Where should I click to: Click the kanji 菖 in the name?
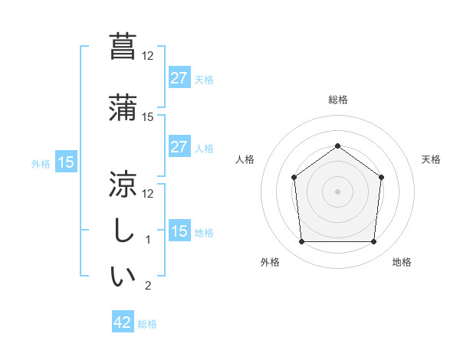[123, 46]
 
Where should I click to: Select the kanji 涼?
[123, 184]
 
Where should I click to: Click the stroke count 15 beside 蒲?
[148, 117]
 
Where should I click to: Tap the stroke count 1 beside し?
[148, 240]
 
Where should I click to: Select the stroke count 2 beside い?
[148, 286]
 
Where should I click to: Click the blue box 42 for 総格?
[123, 322]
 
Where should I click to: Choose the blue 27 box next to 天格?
[179, 78]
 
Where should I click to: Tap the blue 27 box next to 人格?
[179, 147]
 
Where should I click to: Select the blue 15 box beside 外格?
[65, 162]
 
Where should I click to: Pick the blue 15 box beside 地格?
[179, 231]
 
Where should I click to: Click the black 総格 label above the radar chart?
[337, 100]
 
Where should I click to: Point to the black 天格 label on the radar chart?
[431, 159]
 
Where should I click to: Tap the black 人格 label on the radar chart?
[245, 159]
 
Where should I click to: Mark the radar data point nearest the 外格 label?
[301, 242]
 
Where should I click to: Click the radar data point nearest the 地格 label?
[373, 242]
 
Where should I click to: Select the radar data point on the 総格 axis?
[337, 146]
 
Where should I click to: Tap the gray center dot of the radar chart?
[337, 191]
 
